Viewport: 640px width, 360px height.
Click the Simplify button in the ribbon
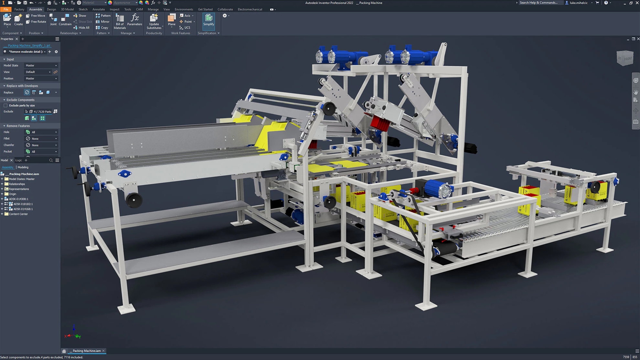(x=208, y=20)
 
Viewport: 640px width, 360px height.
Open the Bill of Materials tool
(x=120, y=21)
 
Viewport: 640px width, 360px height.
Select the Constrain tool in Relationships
(x=65, y=20)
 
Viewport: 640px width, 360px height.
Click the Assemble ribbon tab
(x=36, y=9)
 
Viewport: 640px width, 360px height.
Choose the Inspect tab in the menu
(x=114, y=9)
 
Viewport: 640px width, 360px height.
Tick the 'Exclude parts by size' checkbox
(x=5, y=106)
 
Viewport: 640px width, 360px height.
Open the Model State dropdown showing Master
(x=41, y=66)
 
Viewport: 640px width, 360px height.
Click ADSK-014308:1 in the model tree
(x=18, y=199)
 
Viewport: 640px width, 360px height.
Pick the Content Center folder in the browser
(x=18, y=214)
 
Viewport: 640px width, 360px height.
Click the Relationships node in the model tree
(x=17, y=184)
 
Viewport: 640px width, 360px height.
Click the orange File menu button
(x=6, y=9)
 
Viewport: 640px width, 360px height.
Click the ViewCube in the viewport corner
(x=625, y=58)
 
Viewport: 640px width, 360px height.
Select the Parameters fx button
(x=135, y=20)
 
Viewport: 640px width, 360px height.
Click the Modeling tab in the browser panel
(x=23, y=167)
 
